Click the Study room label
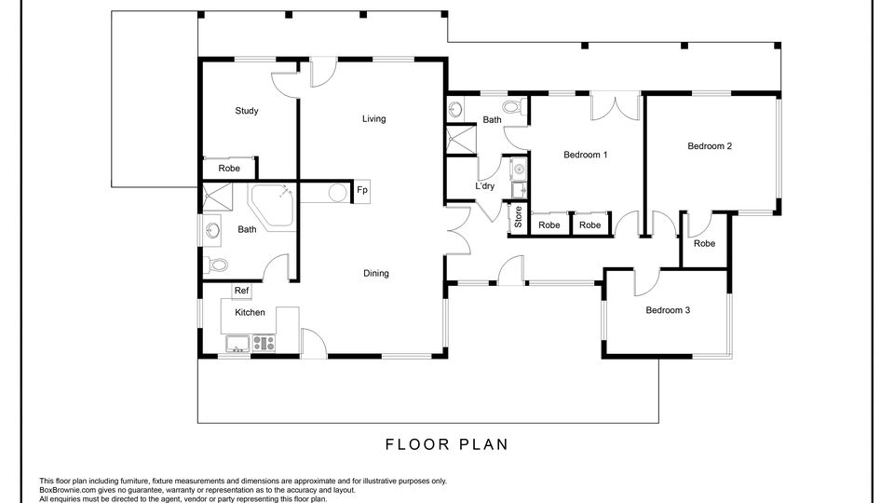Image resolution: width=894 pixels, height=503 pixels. coord(246,111)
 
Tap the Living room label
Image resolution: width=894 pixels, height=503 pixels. coord(374,118)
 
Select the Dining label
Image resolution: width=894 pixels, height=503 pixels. coord(375,273)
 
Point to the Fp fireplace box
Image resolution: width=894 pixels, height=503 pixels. coord(362,190)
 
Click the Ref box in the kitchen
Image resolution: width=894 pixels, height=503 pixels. coord(242,291)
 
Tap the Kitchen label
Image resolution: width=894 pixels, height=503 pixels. coord(250,313)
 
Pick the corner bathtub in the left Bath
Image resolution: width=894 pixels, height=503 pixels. coord(273,204)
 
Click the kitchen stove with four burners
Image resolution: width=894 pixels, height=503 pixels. coord(264,343)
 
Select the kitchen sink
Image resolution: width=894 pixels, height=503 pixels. coord(237,344)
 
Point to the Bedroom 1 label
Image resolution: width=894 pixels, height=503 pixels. coord(586,155)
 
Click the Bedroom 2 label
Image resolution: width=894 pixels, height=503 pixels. coord(710,146)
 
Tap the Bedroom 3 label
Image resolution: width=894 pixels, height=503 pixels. coord(668,310)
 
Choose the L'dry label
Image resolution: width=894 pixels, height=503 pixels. coord(484,186)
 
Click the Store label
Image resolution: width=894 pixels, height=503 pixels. coord(518,217)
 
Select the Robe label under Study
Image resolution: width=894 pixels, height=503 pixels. coord(229,169)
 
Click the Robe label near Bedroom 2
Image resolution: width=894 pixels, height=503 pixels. coord(704,243)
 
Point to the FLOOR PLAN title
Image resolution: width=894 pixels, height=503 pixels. coord(446,444)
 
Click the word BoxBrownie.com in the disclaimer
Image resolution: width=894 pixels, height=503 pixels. coord(64,490)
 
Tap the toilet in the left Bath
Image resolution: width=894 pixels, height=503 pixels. coord(216,265)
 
